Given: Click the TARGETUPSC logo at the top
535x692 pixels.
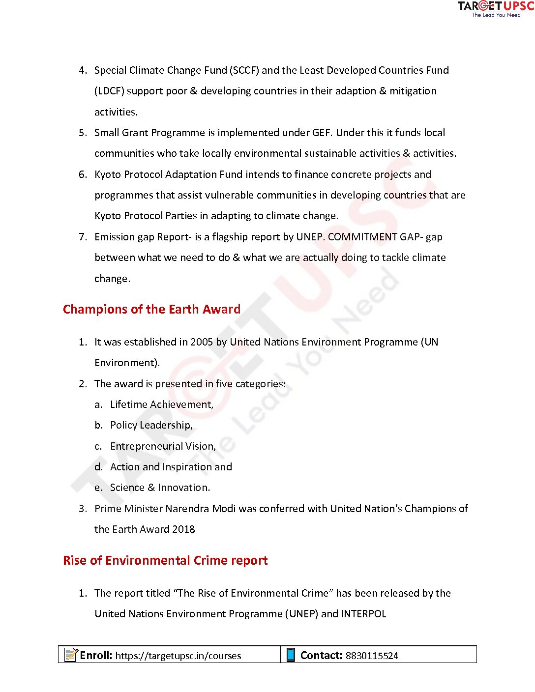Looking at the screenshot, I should [x=495, y=8].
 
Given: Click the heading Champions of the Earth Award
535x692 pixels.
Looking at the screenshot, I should [x=151, y=309].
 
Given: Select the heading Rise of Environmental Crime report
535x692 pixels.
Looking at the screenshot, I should [x=165, y=560].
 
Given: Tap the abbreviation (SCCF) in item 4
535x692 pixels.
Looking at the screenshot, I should [x=244, y=70].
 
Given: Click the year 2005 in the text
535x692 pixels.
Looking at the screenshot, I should [x=202, y=342].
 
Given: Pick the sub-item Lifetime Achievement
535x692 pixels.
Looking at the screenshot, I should [x=161, y=404].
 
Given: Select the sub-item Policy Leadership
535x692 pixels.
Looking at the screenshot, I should [x=151, y=425].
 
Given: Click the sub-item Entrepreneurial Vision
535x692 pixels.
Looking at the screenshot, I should [x=163, y=446].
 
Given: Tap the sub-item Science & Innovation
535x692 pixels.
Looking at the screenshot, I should [x=160, y=488].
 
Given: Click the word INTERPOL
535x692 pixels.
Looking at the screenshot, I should [x=363, y=614].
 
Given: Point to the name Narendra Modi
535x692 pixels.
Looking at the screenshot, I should [x=201, y=509].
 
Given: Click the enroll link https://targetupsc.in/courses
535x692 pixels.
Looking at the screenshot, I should [x=178, y=656].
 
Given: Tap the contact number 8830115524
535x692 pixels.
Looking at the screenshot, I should [x=372, y=656].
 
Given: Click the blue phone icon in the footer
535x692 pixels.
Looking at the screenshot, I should [x=291, y=655].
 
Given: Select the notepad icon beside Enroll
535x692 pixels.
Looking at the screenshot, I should [x=71, y=655].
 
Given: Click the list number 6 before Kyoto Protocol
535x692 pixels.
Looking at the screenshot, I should [x=82, y=174].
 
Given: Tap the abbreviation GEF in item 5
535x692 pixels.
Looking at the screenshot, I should [x=322, y=133].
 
